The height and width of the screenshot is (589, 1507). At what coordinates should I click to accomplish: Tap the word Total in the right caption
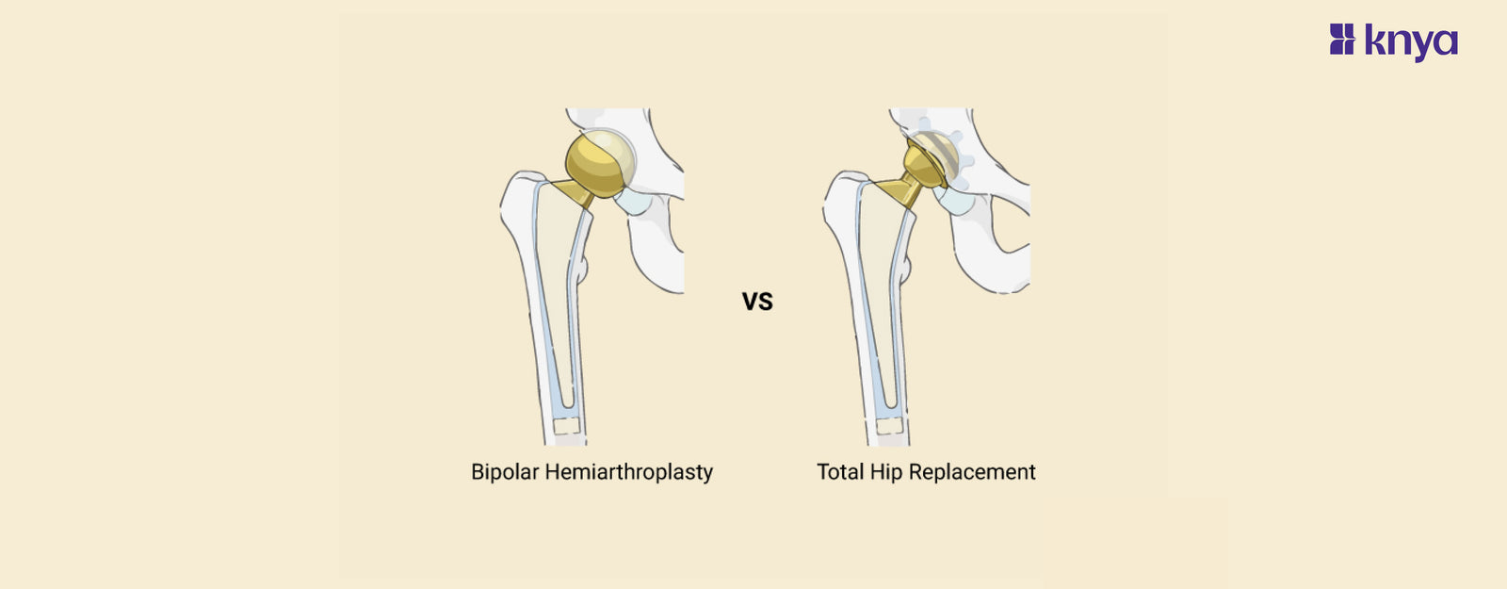pos(839,471)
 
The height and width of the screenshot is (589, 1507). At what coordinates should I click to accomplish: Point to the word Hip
pos(885,472)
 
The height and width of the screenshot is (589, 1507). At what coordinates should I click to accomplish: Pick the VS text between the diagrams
pos(757,302)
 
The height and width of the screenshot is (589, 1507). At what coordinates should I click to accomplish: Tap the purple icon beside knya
pos(1341,39)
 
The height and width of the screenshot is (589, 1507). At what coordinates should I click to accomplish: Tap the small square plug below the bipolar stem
pos(567,426)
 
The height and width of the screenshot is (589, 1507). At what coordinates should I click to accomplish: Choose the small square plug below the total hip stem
pos(889,426)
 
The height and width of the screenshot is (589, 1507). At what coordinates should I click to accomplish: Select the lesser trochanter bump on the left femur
pos(583,270)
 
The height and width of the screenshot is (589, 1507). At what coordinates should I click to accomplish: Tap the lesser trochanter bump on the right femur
pos(906,270)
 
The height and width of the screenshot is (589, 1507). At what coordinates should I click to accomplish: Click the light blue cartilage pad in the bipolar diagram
pos(632,202)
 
